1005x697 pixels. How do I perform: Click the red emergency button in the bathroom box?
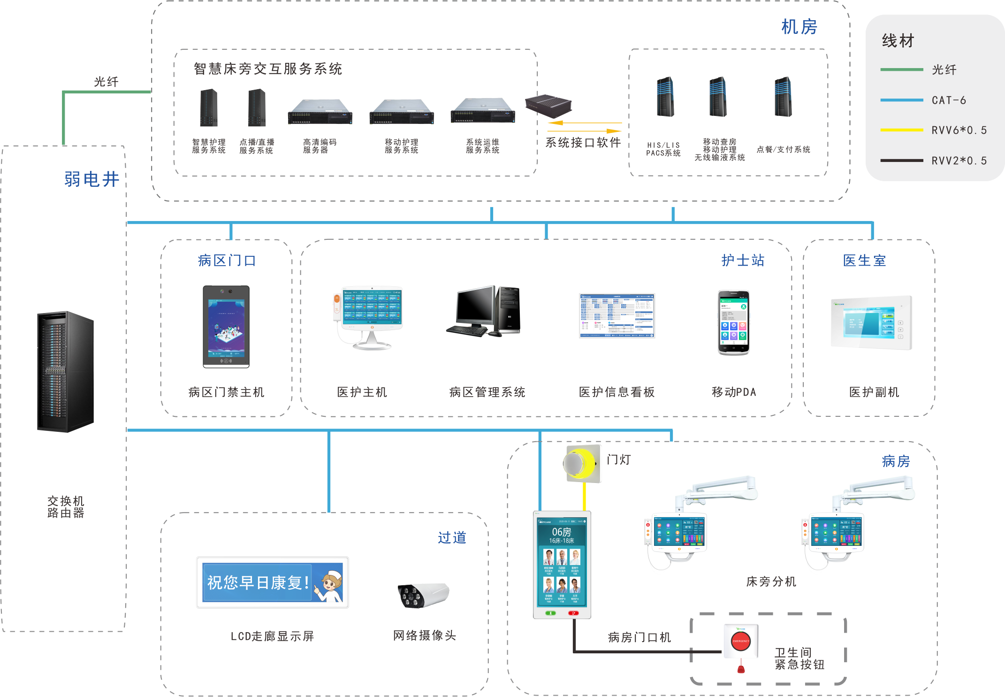click(x=741, y=641)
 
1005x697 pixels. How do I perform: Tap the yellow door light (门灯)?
click(x=582, y=464)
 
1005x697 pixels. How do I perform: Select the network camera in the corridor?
click(x=423, y=595)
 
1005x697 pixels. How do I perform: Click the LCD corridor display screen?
click(x=273, y=582)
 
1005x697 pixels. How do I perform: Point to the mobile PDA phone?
click(x=733, y=322)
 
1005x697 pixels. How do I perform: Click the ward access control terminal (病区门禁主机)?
click(x=226, y=327)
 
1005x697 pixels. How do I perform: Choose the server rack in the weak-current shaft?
click(x=65, y=371)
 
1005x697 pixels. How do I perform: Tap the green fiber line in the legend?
click(x=901, y=69)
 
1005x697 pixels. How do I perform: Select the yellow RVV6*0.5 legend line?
click(x=901, y=130)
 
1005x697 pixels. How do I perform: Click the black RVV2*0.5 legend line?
click(x=901, y=161)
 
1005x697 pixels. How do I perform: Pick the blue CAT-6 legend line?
click(x=901, y=100)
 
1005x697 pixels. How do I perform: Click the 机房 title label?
click(x=799, y=27)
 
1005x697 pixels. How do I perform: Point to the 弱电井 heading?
click(x=92, y=179)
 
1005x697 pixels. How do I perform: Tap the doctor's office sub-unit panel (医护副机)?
click(x=871, y=323)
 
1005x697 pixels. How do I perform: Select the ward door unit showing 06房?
click(x=562, y=565)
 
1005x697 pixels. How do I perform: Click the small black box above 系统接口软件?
click(x=548, y=106)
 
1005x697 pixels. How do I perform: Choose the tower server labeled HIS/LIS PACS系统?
click(x=665, y=97)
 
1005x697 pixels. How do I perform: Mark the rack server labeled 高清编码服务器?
click(x=320, y=112)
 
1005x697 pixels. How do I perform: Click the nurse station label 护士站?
click(x=743, y=260)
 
